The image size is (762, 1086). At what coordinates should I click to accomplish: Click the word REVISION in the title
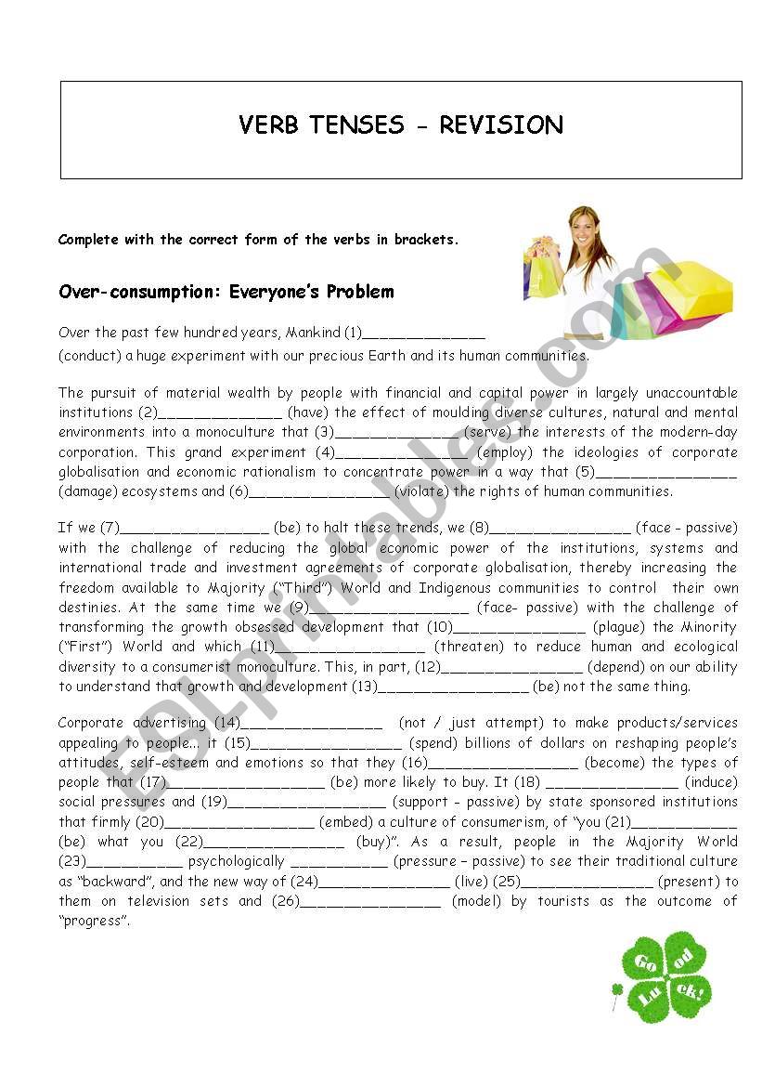(500, 125)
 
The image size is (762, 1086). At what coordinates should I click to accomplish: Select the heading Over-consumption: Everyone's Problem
(226, 292)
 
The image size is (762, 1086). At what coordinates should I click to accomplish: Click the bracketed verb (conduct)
(89, 356)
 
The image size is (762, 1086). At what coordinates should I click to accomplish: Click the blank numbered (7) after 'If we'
(194, 529)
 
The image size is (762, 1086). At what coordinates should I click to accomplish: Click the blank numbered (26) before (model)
(370, 902)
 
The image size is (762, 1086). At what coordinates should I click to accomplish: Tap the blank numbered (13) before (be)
(454, 687)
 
